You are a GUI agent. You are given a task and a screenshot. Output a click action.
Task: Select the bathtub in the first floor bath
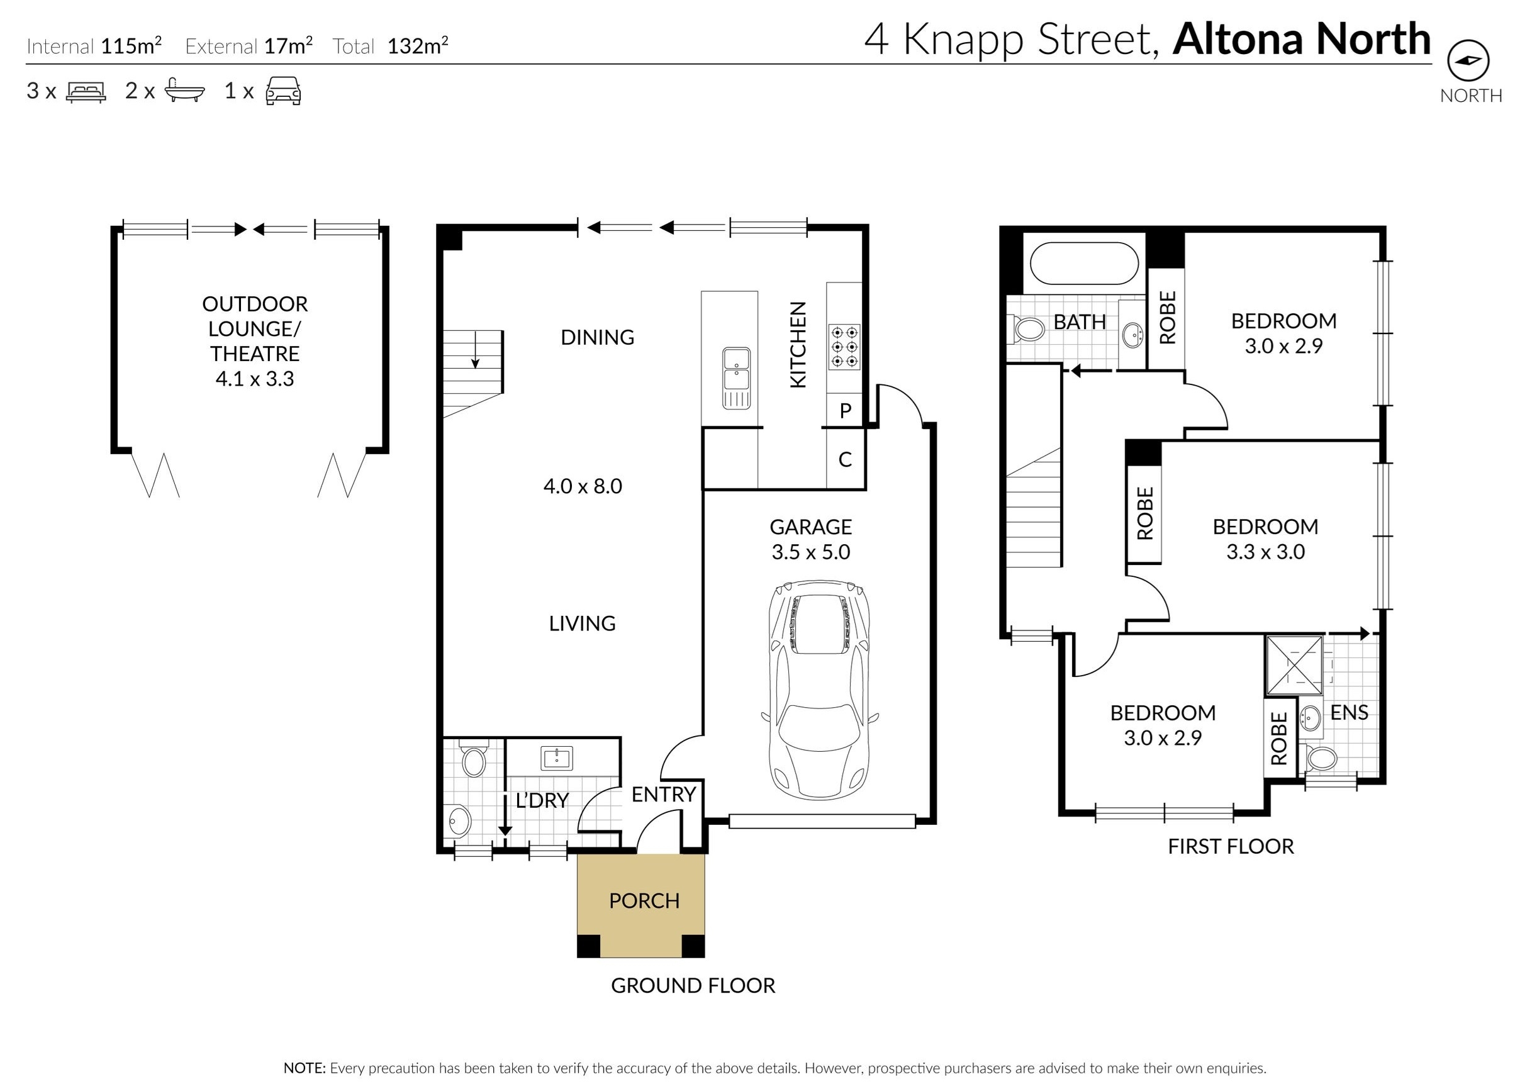click(x=1083, y=264)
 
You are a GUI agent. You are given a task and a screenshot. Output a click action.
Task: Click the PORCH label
click(x=644, y=900)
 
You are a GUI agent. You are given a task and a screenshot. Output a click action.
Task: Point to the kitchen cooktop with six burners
click(x=844, y=347)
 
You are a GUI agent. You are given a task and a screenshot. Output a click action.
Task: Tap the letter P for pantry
click(x=845, y=410)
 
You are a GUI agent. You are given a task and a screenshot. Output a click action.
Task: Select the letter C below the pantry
click(x=845, y=459)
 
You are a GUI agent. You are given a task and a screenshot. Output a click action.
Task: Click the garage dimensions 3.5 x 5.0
click(x=810, y=552)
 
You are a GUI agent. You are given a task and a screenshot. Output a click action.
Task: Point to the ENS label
click(x=1348, y=712)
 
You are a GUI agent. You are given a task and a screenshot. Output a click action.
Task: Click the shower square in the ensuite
click(x=1294, y=666)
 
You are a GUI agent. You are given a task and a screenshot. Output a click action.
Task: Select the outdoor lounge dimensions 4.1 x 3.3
click(x=254, y=379)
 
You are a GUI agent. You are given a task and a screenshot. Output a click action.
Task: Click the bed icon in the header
click(x=86, y=91)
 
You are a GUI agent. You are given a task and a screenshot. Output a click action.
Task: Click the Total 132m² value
click(x=417, y=46)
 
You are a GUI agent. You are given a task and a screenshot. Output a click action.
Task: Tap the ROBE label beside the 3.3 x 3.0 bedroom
click(x=1145, y=513)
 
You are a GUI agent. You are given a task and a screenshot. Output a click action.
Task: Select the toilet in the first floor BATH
click(x=1029, y=328)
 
